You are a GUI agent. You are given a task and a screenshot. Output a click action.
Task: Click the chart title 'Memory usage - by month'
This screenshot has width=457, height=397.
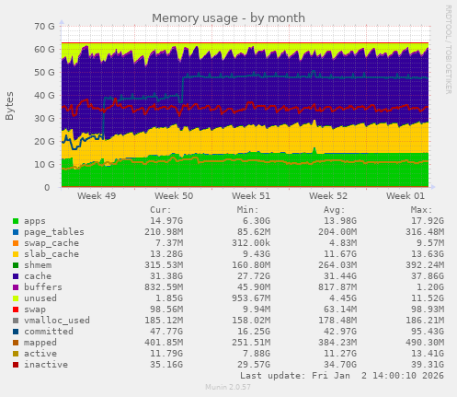click(x=228, y=18)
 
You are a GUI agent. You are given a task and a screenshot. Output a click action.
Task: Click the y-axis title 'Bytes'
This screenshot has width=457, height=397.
click(x=10, y=106)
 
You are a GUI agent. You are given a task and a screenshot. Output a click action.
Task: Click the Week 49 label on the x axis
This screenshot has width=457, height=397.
click(x=97, y=196)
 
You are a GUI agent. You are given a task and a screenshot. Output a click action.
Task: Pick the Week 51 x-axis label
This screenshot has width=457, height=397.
click(x=251, y=196)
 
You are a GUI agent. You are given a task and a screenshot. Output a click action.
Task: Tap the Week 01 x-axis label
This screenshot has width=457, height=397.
click(x=406, y=196)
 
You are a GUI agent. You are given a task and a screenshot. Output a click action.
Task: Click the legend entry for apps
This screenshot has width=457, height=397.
click(x=35, y=221)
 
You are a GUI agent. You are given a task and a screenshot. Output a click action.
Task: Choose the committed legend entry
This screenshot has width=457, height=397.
click(x=49, y=331)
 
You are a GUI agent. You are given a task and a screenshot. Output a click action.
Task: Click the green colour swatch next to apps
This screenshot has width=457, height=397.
click(x=15, y=221)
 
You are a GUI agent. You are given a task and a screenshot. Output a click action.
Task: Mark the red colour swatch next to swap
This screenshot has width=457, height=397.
click(x=15, y=309)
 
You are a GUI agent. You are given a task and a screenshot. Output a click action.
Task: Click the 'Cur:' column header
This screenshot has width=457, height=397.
click(x=160, y=210)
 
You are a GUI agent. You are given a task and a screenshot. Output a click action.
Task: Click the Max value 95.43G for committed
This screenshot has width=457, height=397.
click(x=403, y=331)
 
